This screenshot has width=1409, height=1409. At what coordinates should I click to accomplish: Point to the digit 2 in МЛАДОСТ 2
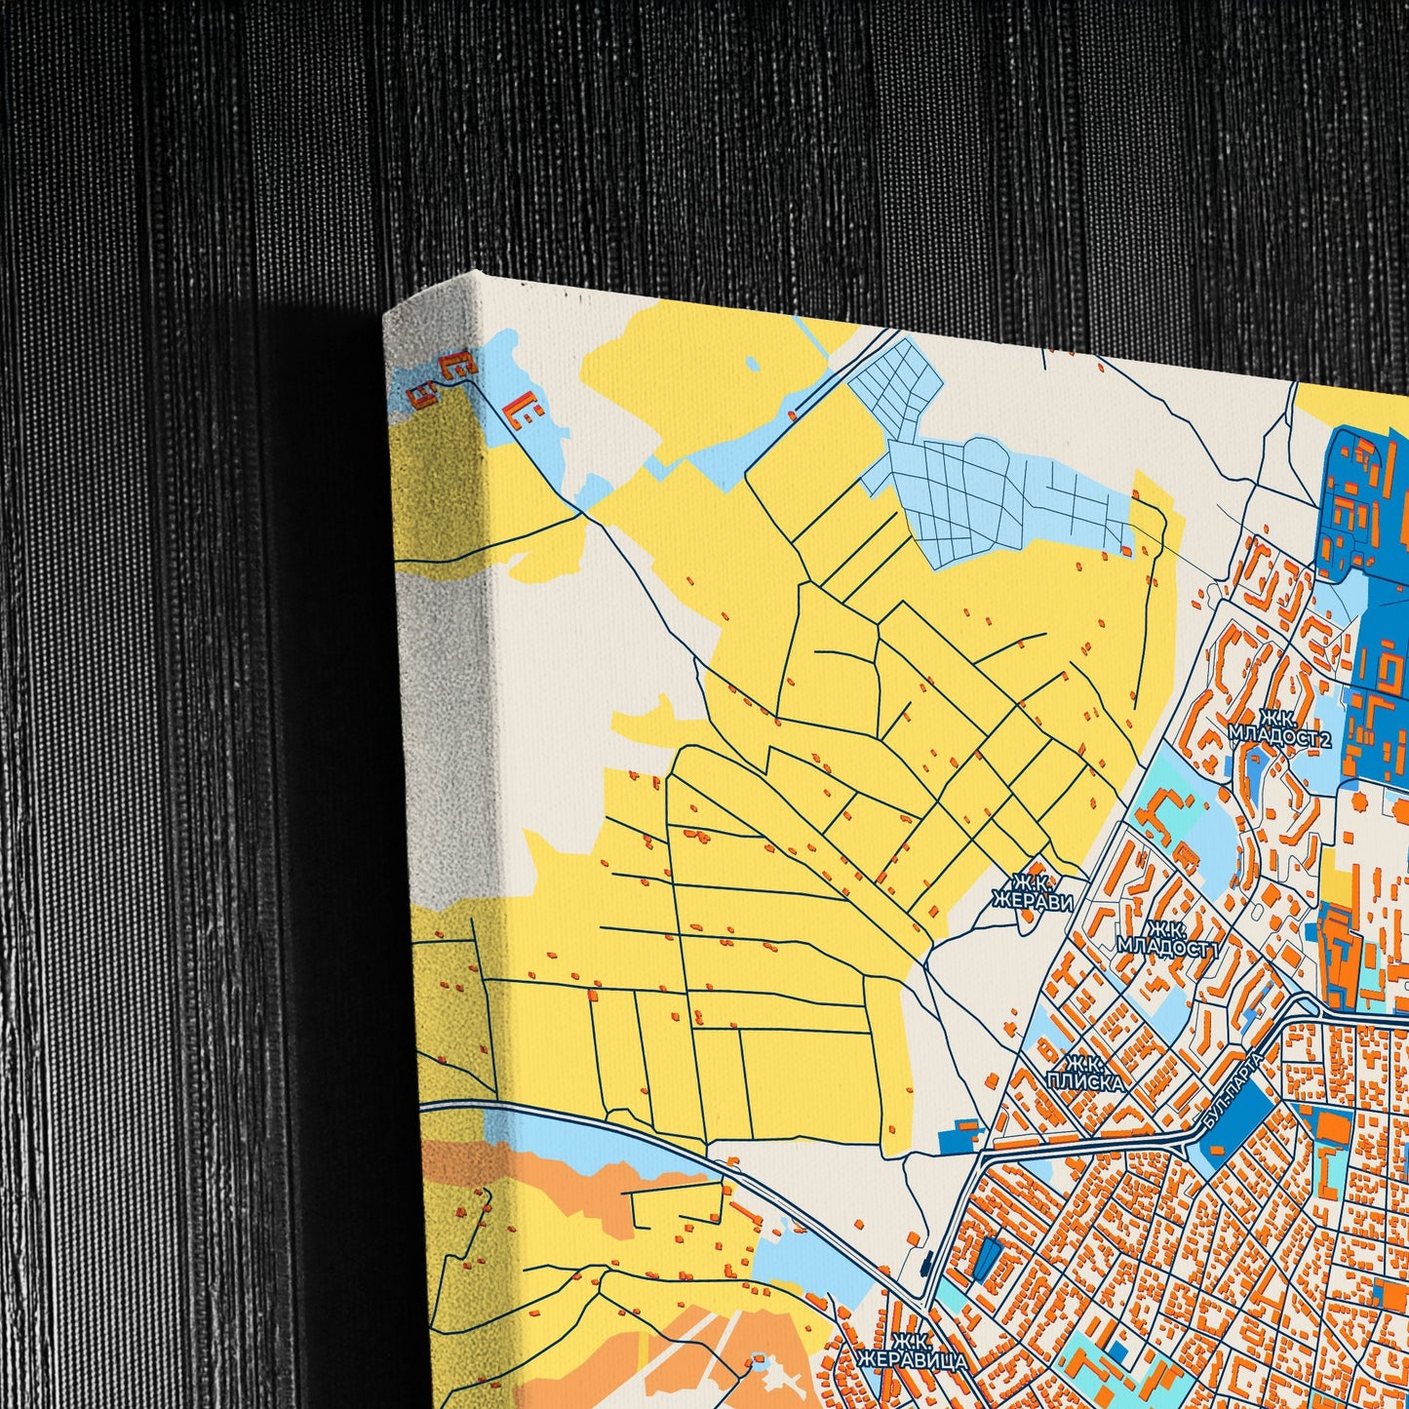tap(1325, 738)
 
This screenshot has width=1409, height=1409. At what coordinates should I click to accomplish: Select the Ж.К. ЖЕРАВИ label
tap(1032, 892)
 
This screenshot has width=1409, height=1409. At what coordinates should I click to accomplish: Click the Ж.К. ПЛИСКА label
tap(1083, 1073)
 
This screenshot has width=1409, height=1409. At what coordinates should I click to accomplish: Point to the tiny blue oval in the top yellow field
tap(752, 364)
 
